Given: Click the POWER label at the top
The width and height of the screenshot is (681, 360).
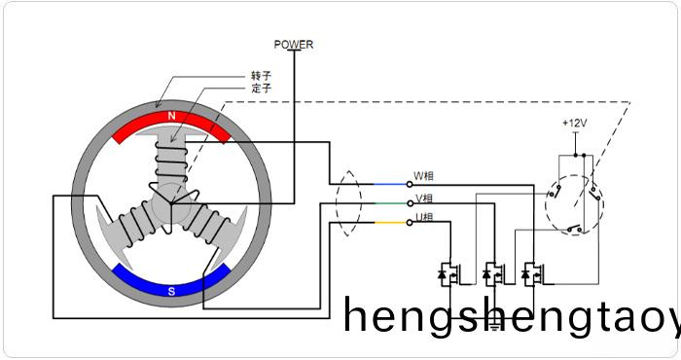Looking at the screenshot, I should point(294,45).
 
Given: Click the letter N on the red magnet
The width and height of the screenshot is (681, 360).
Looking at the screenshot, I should point(172,117).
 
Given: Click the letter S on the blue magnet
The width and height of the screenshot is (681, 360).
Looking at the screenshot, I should point(171,290).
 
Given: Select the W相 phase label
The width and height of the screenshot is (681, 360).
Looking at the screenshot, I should point(424,177).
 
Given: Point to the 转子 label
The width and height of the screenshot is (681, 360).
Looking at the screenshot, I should point(261,76).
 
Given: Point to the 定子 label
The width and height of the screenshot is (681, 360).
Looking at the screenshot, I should point(261,89).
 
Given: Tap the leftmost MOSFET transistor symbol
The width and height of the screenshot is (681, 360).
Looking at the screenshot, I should point(450,274).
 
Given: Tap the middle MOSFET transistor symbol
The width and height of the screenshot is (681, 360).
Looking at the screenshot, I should point(491,274).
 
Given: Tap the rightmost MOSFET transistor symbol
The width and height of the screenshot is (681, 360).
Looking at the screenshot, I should point(531,274).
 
